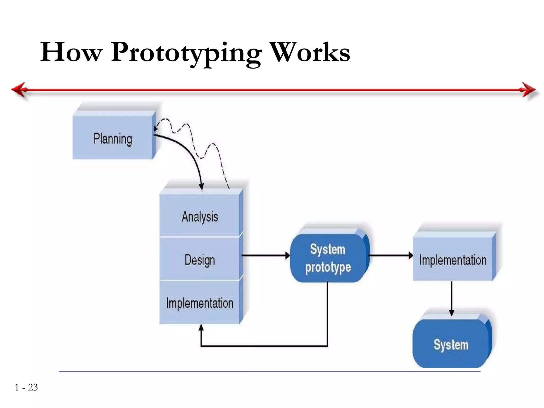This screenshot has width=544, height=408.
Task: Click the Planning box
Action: [113, 138]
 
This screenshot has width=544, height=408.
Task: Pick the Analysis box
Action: [200, 216]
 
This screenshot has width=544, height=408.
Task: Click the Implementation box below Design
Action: [200, 303]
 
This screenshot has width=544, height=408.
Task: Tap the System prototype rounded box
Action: [328, 258]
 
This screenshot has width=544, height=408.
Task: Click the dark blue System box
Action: [451, 344]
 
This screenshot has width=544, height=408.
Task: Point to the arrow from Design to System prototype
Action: [266, 256]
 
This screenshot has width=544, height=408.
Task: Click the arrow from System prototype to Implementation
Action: [390, 256]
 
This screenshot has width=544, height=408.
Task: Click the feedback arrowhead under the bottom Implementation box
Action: [201, 328]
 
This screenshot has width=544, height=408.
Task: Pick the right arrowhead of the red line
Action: [529, 90]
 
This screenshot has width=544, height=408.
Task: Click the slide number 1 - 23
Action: [26, 387]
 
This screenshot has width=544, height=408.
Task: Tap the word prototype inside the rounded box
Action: [328, 267]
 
